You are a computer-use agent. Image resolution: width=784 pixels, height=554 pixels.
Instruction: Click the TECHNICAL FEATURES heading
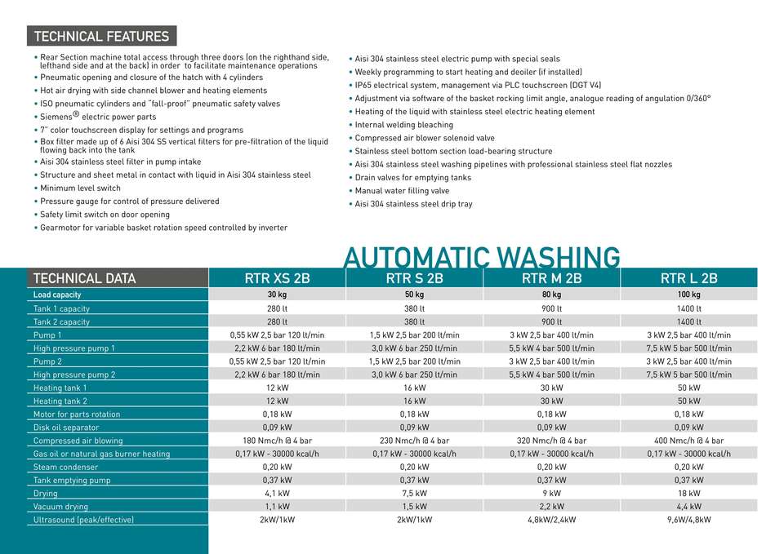102,37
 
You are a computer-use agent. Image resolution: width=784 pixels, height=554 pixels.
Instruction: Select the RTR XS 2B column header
278,278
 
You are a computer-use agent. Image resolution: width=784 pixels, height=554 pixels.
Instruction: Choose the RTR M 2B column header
551,278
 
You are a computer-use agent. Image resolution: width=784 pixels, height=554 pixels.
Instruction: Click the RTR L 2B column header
688,278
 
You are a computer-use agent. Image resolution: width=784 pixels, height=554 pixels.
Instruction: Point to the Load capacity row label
57,295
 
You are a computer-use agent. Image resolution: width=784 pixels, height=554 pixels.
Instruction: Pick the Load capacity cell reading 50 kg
414,295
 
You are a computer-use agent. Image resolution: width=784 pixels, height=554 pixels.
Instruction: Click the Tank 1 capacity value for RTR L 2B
688,308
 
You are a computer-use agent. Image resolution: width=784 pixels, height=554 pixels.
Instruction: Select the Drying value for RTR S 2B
414,494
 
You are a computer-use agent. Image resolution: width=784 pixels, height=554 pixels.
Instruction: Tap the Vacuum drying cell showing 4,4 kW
688,507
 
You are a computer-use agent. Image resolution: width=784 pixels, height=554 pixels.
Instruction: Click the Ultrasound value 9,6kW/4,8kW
688,520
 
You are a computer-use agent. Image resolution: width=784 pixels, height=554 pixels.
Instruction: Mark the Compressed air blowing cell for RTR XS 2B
278,441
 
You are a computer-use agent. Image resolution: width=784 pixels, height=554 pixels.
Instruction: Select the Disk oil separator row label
66,428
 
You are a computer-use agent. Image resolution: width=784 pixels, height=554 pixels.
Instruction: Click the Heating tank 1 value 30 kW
551,388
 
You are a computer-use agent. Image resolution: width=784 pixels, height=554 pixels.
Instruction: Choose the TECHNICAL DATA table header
84,278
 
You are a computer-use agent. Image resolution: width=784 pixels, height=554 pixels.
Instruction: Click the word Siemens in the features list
56,117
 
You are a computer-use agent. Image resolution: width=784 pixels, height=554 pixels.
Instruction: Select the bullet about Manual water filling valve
402,191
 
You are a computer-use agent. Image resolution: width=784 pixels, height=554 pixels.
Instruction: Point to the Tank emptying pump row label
72,481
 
